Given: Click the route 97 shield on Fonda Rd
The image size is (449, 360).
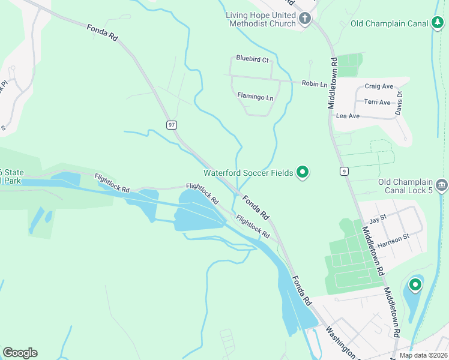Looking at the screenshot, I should coord(172,125).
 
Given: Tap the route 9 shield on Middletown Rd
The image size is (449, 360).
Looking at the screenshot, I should coord(343,171).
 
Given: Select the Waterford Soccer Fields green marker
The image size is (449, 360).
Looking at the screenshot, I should coord(303,173).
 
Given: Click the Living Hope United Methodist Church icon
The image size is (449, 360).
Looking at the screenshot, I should coord(305,19).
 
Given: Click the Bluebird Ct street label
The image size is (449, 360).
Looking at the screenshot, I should coord(252,59).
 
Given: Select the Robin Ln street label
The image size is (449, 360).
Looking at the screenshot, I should coord(315,84).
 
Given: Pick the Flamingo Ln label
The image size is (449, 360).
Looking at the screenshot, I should coord(255,97).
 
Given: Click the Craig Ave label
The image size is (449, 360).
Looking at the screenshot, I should coord(379,86).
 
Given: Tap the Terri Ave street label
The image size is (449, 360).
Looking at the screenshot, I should coord(378,102).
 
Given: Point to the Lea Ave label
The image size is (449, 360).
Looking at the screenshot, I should coord(348,116).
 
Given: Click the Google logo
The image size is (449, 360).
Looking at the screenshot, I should coord(20,353).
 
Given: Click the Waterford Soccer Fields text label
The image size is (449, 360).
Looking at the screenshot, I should coord(248,173).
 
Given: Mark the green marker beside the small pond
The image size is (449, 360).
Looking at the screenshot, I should coord(415,284).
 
